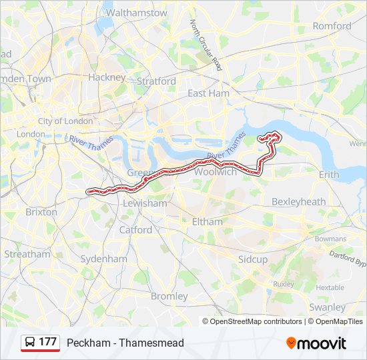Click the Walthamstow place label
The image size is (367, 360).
coord(136,13)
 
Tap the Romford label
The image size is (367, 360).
coord(332,26)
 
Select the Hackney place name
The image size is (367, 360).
coord(107,77)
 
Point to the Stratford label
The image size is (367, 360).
coord(156,81)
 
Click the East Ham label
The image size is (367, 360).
coord(208,93)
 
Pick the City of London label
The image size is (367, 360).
coord(69,121)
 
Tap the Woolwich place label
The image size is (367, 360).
coord(215,172)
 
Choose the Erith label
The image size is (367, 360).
coord(329,175)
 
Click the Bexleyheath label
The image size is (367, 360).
coord(298,201)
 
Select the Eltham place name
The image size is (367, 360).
coord(207,221)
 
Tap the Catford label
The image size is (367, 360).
coord(135,230)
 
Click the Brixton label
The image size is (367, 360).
coord(41,212)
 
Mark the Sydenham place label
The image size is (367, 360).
coord(103,259)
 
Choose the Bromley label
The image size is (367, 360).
coord(169,296)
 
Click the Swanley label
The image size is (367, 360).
coord(327,307)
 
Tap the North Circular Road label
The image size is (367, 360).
coord(206,45)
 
